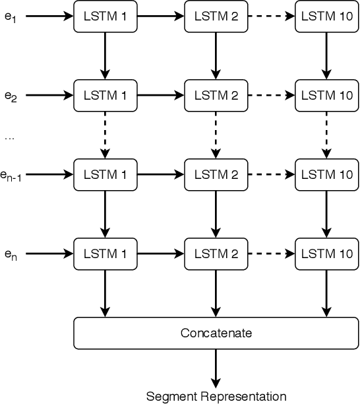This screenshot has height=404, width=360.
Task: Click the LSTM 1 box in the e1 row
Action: click(105, 16)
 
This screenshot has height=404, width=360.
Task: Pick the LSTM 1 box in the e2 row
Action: click(105, 95)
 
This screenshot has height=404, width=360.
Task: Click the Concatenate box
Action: click(216, 333)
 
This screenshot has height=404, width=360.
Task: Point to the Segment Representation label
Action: click(216, 396)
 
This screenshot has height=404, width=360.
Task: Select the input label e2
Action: click(11, 96)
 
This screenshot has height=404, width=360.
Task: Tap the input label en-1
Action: click(13, 176)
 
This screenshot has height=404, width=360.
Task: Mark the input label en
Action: click(11, 255)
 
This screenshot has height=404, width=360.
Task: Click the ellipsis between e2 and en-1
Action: click(9, 137)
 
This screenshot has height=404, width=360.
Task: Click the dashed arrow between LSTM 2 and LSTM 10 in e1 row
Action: click(270, 16)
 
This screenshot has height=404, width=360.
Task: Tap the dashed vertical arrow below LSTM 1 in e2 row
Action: click(105, 135)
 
